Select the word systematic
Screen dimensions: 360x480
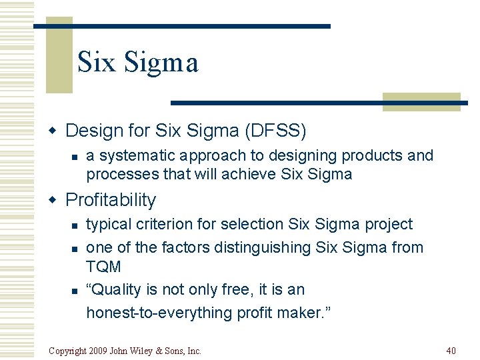click(x=135, y=156)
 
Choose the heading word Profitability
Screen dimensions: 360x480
click(x=111, y=200)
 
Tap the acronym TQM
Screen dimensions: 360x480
click(x=103, y=267)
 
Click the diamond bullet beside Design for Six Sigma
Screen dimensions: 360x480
click(x=57, y=131)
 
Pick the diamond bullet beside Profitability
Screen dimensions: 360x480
click(x=57, y=201)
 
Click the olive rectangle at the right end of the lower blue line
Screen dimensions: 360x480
click(x=421, y=101)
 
